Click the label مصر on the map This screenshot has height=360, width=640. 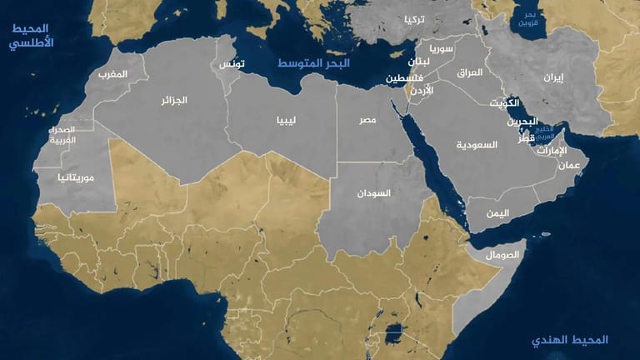coord(367,121)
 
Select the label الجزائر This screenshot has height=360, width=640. coord(174,100)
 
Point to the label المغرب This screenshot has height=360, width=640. coord(113,74)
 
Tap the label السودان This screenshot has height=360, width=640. coord(373,192)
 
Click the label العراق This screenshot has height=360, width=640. coord(470,72)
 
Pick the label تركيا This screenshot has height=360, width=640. coord(414,19)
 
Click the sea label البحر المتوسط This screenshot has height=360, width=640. coord(314,63)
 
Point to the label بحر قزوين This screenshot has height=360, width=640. coord(530,19)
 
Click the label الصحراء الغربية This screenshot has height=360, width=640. coord(63,135)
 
